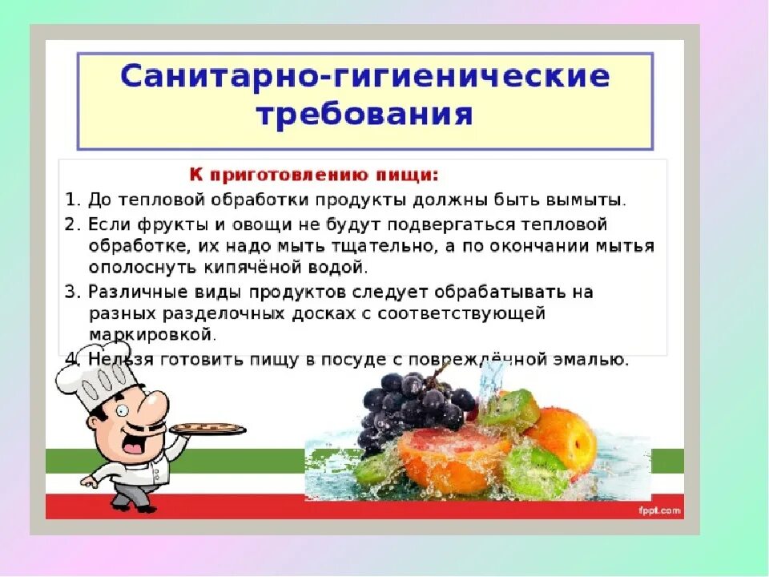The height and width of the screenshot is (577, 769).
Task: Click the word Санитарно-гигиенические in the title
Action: tap(364, 78)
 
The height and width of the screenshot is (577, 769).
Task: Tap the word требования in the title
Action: tap(364, 115)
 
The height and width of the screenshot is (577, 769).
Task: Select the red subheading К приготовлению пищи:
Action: tap(314, 174)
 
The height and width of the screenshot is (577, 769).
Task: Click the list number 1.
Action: tap(70, 198)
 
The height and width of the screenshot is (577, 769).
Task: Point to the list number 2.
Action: tap(70, 223)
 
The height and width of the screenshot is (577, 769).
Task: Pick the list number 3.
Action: tap(70, 292)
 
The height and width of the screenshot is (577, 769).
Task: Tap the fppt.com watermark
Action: tap(659, 510)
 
